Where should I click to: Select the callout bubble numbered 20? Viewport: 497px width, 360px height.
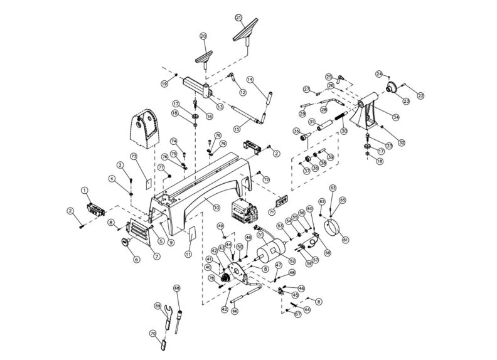click(203, 36)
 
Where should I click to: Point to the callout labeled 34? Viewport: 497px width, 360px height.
click(395, 117)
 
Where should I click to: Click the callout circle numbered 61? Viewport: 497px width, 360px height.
click(345, 239)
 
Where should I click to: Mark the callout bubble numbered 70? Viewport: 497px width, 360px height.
click(152, 334)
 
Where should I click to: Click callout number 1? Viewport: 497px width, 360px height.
click(83, 189)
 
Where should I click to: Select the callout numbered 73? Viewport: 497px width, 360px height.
click(133, 156)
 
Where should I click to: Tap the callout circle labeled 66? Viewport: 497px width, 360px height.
click(234, 310)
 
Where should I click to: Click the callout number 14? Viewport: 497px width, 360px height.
click(249, 80)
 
